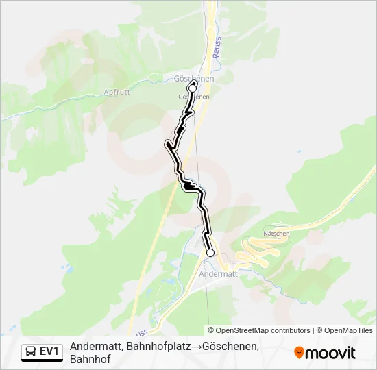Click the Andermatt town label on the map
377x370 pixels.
click(218, 273)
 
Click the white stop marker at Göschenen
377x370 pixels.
click(193, 88)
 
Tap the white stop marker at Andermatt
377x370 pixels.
click(210, 253)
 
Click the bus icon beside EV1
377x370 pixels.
click(31, 351)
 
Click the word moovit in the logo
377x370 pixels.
click(331, 353)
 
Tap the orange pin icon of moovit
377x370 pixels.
click(299, 353)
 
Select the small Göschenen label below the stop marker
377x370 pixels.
click(194, 97)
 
